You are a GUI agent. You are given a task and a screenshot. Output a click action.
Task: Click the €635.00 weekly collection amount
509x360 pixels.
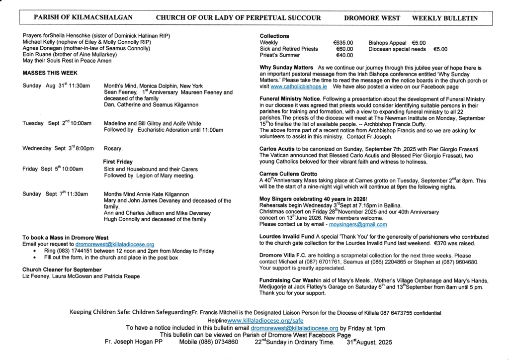coord(343,43)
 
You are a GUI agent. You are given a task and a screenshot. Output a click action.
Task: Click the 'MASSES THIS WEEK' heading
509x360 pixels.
coord(46,73)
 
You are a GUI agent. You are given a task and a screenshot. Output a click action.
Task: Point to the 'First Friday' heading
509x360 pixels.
coord(118,162)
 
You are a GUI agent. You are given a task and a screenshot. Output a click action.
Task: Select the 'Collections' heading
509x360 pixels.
coord(274,36)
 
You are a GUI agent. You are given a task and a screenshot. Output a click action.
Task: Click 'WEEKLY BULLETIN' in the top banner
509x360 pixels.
coord(445,18)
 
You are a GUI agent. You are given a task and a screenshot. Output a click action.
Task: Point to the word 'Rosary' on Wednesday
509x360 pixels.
coord(113,149)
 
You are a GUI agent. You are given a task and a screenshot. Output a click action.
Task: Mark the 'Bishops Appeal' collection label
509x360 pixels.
coord(388,43)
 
